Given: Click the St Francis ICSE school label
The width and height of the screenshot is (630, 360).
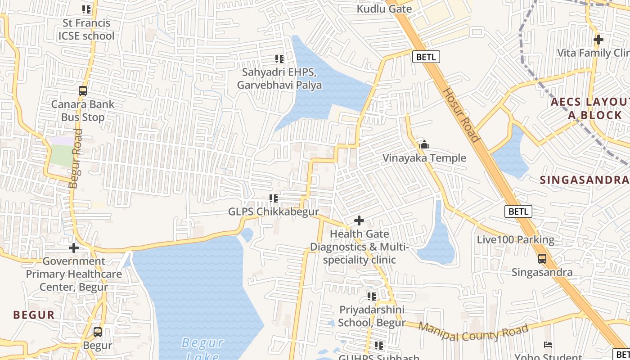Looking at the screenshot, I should (x=86, y=29).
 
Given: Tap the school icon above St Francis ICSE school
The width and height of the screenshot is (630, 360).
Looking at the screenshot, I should (x=86, y=9).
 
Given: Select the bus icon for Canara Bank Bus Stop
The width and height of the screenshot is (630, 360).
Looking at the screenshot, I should (x=83, y=90).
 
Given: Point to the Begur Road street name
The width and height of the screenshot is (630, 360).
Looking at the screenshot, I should (x=76, y=158).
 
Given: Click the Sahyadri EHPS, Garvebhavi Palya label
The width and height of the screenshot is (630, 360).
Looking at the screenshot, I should (x=279, y=78).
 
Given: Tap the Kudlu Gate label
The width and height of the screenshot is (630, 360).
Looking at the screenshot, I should (x=384, y=9).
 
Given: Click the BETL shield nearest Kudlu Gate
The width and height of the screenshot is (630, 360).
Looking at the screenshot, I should (x=426, y=57).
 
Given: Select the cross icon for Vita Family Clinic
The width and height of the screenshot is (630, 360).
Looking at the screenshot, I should (x=598, y=40).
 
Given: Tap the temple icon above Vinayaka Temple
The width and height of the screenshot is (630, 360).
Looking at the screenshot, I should (x=424, y=145).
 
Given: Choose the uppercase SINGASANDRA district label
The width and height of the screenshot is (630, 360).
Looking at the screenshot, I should (x=584, y=180).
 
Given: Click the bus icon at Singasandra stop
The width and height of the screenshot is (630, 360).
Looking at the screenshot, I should (x=542, y=259).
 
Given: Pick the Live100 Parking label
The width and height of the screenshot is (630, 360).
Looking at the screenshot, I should (x=516, y=239).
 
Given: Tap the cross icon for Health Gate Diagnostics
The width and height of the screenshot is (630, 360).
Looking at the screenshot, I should (x=359, y=220).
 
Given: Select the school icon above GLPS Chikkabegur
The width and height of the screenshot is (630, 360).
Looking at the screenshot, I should (x=273, y=198).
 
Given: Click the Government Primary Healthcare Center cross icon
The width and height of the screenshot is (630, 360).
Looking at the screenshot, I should (x=74, y=248).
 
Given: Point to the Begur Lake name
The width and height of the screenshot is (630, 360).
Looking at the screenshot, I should (x=203, y=349).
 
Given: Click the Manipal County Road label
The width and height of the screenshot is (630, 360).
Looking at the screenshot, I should (x=473, y=332).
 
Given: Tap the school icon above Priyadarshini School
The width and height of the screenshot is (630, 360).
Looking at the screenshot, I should (x=372, y=296).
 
